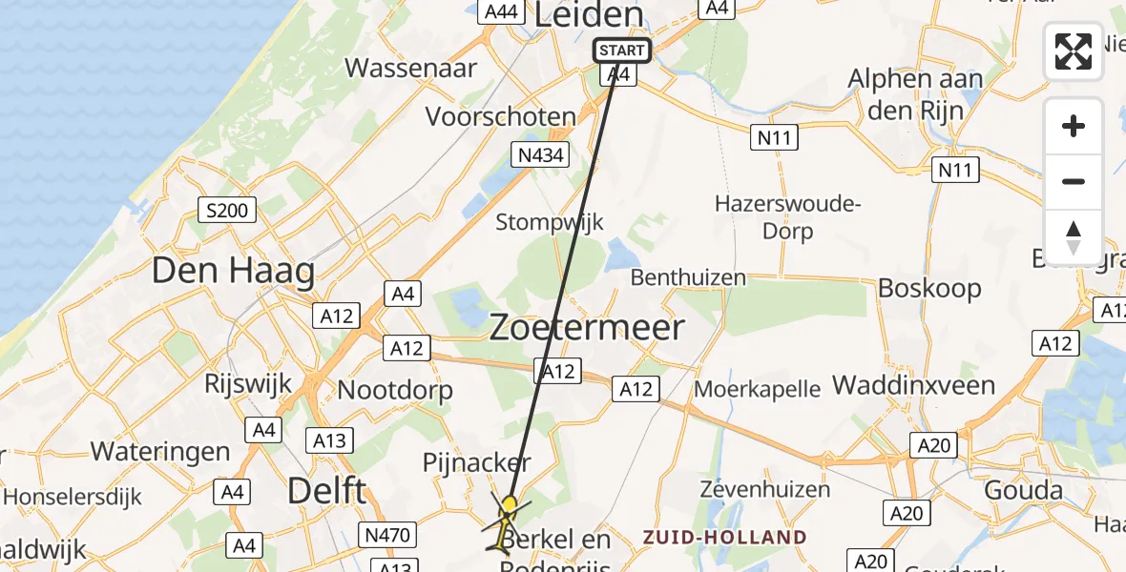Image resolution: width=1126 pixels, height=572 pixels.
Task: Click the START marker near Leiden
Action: pos(622,51)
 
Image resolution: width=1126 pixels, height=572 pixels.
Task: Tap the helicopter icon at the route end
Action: pos(506,522)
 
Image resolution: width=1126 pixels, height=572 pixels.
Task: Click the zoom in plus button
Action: pos(1074,127)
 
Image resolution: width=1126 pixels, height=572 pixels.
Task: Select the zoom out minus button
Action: pos(1074,181)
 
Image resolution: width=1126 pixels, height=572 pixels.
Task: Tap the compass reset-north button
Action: pos(1074,236)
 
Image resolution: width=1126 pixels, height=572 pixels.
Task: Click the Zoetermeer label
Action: pos(587,328)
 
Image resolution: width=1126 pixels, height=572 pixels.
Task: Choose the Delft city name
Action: pos(327,492)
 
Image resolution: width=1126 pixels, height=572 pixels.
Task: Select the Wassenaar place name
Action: pos(410,68)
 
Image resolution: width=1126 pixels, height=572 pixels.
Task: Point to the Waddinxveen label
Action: pos(914,385)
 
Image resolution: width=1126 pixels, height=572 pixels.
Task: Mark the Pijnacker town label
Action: pos(476,463)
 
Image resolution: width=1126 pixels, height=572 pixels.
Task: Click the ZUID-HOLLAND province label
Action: pos(724,538)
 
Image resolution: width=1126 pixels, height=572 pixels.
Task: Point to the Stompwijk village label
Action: pos(550,222)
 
